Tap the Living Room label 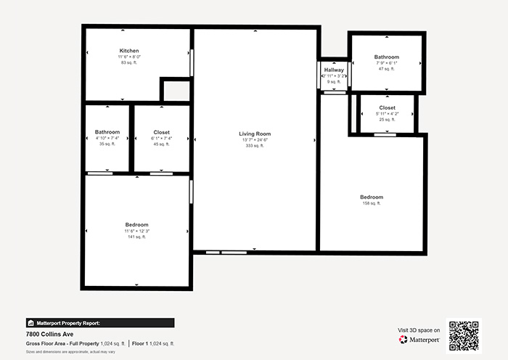pyautogui.click(x=255, y=134)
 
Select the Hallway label pyautogui.click(x=334, y=70)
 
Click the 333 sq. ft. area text pyautogui.click(x=255, y=146)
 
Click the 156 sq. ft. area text pyautogui.click(x=371, y=203)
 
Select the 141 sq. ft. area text pyautogui.click(x=136, y=237)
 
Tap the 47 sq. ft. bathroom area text pyautogui.click(x=386, y=69)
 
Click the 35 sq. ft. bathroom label pyautogui.click(x=107, y=132)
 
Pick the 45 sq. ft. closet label pyautogui.click(x=161, y=132)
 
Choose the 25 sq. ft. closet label pyautogui.click(x=387, y=107)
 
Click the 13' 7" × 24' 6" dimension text pyautogui.click(x=255, y=140)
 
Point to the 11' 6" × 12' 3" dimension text pyautogui.click(x=136, y=231)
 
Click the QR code pyautogui.click(x=463, y=335)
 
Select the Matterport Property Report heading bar pyautogui.click(x=99, y=323)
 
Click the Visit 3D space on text pyautogui.click(x=419, y=330)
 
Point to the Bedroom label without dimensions pyautogui.click(x=371, y=197)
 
